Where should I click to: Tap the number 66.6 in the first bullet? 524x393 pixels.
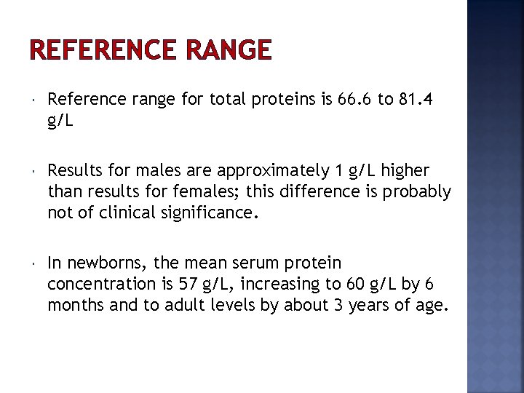[355, 100]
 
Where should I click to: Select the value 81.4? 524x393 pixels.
[417, 100]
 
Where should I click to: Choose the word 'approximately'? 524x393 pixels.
[271, 171]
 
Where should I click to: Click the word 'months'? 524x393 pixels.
[76, 305]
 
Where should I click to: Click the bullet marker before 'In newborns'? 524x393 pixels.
[33, 261]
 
